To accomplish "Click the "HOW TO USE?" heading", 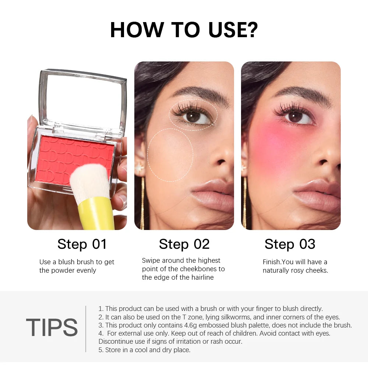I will [x=184, y=30].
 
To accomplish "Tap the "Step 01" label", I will [x=82, y=244].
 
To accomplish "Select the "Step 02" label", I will [x=184, y=244].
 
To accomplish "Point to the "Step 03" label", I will [x=290, y=244].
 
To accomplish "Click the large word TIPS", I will [x=52, y=327].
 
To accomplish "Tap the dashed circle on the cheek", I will [x=170, y=155].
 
